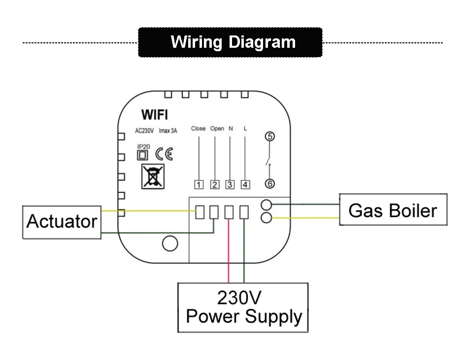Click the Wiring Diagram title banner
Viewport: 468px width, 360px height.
(230, 42)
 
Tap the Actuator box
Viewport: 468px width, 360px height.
(62, 222)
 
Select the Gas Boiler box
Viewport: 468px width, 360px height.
(393, 209)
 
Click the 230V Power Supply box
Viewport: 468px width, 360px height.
(243, 307)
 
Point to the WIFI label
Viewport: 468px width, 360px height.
(155, 115)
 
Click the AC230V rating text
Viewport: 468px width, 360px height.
(144, 131)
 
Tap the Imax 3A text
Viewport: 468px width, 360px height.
(167, 131)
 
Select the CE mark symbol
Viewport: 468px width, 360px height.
(164, 154)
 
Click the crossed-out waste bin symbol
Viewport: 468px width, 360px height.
(153, 176)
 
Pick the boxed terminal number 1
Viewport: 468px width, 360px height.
(199, 185)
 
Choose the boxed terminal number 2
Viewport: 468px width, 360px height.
(215, 185)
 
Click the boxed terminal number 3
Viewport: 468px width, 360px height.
(230, 185)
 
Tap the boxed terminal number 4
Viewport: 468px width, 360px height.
(245, 185)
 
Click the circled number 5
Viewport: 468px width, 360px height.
(270, 136)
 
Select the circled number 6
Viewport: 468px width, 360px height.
(270, 184)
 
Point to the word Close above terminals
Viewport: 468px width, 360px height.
(199, 129)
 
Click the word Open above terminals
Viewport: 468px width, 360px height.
(217, 129)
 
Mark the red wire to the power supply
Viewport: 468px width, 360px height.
(229, 251)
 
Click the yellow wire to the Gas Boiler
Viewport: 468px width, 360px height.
(305, 218)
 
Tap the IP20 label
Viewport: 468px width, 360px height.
(143, 147)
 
